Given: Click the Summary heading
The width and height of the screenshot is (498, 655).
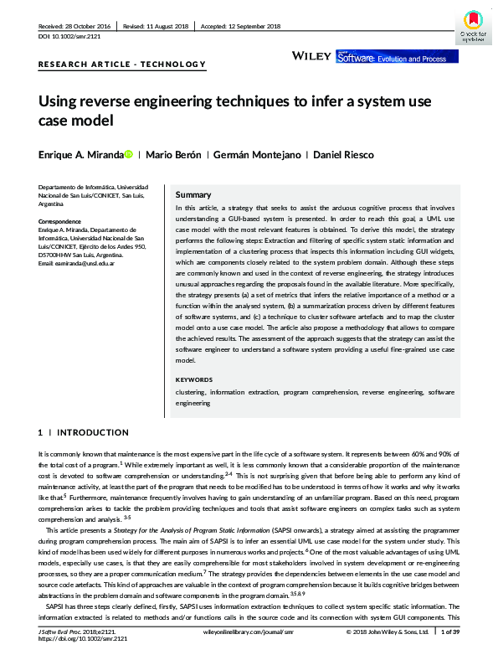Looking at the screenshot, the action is coord(193,193).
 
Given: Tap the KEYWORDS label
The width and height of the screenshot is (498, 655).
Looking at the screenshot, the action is coord(195,379).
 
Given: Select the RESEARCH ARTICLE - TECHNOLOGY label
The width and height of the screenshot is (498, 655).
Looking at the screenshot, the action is coord(121,64).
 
